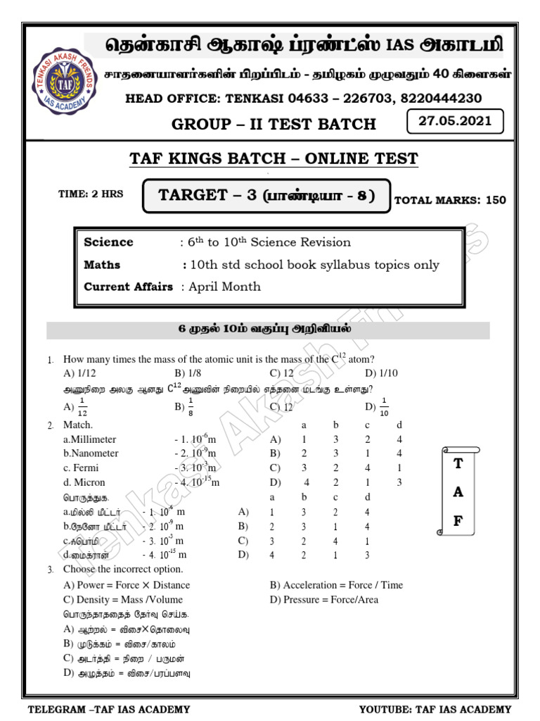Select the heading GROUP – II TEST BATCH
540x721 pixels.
(274, 125)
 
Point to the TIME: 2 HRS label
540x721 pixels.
(90, 194)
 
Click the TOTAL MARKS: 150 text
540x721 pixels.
(450, 200)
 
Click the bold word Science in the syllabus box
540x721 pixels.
(108, 242)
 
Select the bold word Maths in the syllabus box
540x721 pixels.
(102, 265)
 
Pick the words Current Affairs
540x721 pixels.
(128, 287)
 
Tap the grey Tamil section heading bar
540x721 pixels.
(268, 329)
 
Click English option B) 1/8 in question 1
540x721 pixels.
(186, 373)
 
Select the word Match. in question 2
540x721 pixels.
(78, 425)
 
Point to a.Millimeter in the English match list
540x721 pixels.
(89, 439)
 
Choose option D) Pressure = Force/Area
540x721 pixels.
(323, 600)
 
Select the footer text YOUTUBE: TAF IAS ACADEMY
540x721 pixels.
(435, 709)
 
